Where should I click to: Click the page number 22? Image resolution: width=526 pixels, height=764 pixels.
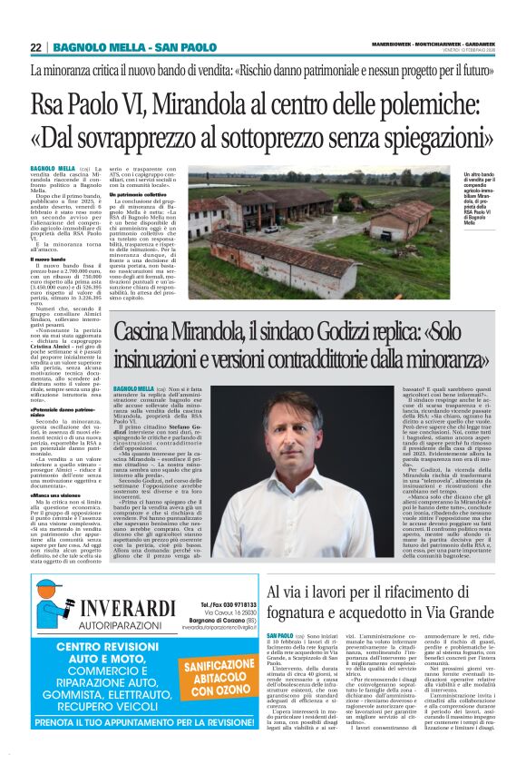(x=34, y=47)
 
